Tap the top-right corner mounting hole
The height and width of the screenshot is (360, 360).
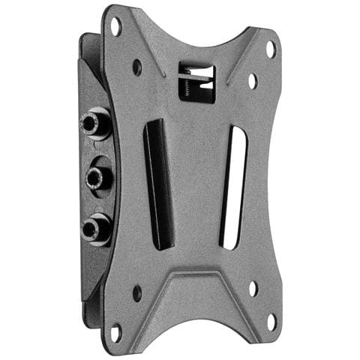(x=271, y=49)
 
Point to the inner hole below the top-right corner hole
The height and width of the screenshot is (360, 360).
(x=253, y=79)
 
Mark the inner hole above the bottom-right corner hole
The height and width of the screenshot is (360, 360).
(x=252, y=287)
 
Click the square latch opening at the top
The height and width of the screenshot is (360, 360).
(x=196, y=82)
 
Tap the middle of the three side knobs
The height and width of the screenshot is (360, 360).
(x=95, y=176)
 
